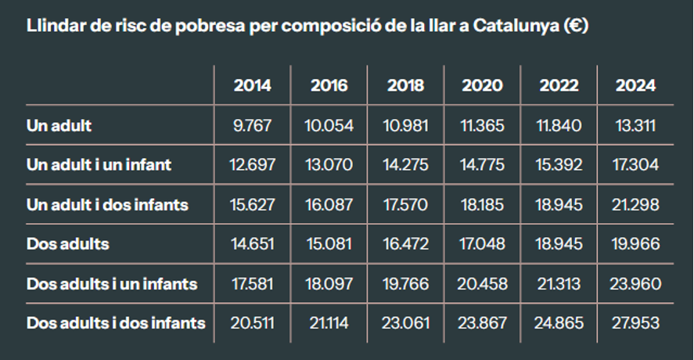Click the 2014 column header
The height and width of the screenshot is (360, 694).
pos(252,85)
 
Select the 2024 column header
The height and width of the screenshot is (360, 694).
pos(635,85)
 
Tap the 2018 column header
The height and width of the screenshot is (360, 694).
pos(405,85)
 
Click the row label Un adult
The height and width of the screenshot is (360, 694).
pos(59,125)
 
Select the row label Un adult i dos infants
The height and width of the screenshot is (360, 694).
pos(107,204)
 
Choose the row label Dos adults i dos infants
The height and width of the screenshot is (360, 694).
pos(116,322)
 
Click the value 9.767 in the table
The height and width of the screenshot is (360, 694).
pos(252,125)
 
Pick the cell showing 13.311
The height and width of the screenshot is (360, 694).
pos(635,125)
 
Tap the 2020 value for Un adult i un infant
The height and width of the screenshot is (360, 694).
pos(482,165)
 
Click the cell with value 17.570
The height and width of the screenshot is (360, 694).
pos(405,204)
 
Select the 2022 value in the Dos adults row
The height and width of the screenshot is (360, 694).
pos(559,244)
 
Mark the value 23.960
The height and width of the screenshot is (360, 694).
pos(635,283)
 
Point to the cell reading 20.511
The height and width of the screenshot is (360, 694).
pos(252,322)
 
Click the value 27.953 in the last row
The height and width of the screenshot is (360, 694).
pos(635,322)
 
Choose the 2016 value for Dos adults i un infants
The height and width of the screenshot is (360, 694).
pos(329,283)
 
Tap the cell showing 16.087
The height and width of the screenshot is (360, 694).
pos(329,204)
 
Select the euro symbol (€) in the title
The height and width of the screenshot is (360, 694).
pos(575,25)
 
